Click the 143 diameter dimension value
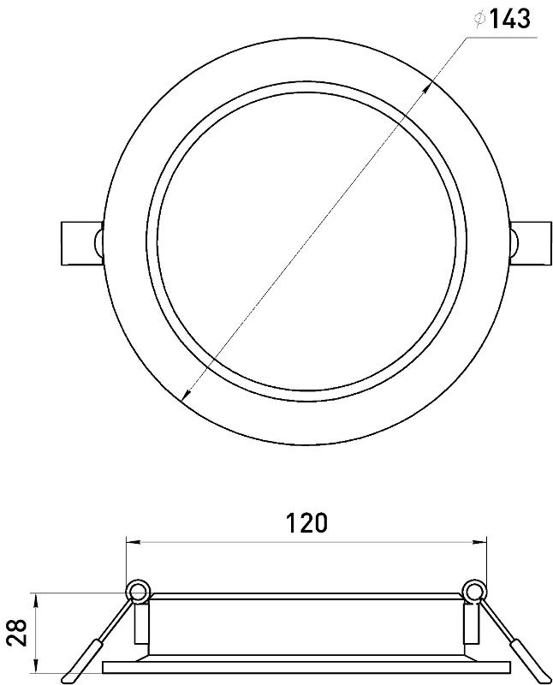pos(508,19)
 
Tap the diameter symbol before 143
pos(479,19)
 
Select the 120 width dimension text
pos(306,523)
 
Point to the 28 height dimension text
pos(18,632)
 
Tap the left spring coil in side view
pos(138,593)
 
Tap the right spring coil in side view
pos(475,593)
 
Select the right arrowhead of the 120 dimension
pos(480,543)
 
